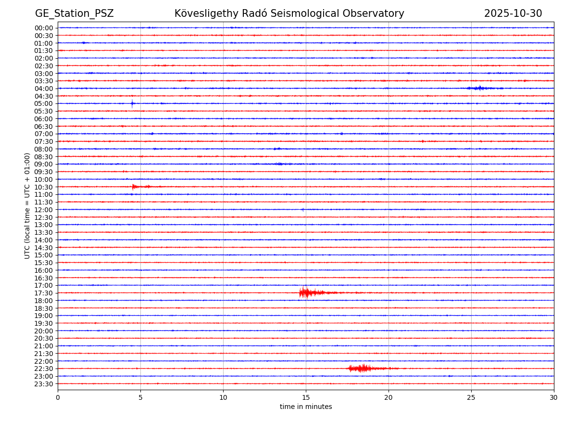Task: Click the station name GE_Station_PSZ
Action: (75, 13)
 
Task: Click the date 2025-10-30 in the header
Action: (513, 13)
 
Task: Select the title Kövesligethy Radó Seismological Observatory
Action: (289, 13)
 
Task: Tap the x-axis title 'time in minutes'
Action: (306, 407)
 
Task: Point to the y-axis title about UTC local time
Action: (27, 205)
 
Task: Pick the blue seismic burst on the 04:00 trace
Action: (480, 88)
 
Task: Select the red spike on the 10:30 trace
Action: (134, 187)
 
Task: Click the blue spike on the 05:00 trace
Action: (132, 103)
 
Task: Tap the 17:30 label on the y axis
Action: (44, 293)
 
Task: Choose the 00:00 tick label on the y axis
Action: (44, 28)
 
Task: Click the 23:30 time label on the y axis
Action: (44, 384)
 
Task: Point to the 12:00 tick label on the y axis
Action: (44, 210)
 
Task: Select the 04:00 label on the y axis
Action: (44, 89)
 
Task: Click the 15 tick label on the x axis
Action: (306, 398)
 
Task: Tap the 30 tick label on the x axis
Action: (554, 398)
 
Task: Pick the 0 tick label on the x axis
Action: (58, 398)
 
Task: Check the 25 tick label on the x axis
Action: (471, 398)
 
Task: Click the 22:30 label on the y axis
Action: (44, 369)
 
